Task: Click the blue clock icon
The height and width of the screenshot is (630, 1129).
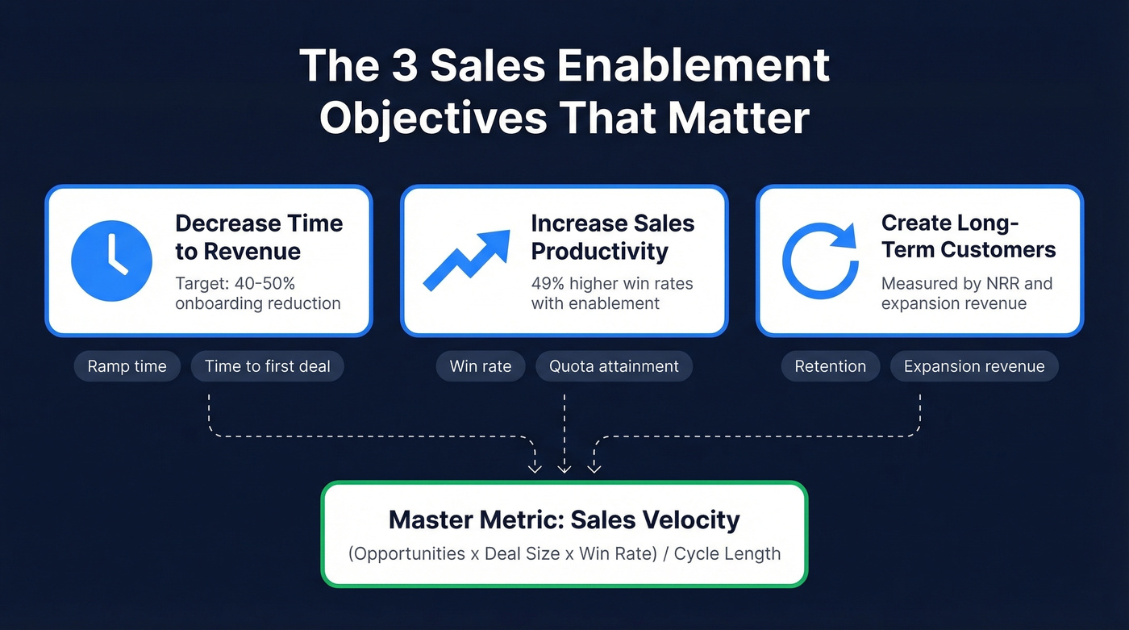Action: (111, 261)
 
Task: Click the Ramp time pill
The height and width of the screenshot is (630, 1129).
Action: (127, 366)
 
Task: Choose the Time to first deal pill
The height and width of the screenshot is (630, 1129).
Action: (268, 366)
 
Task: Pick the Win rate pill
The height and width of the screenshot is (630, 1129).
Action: (481, 366)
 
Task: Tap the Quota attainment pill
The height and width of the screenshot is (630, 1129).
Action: (614, 366)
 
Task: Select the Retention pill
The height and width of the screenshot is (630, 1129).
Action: (831, 366)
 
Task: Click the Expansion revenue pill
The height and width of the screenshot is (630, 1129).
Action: (974, 366)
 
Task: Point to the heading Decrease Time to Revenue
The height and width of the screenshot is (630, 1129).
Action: (259, 237)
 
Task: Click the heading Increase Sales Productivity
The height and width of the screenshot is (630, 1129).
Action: (612, 237)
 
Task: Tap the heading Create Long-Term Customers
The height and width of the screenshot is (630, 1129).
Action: (968, 236)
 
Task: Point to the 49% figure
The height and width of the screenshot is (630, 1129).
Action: (549, 284)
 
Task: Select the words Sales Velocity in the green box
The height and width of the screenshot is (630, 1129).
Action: (655, 519)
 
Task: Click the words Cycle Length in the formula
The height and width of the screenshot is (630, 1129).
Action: (727, 554)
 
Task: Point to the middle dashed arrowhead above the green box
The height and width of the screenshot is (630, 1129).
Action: (564, 467)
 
